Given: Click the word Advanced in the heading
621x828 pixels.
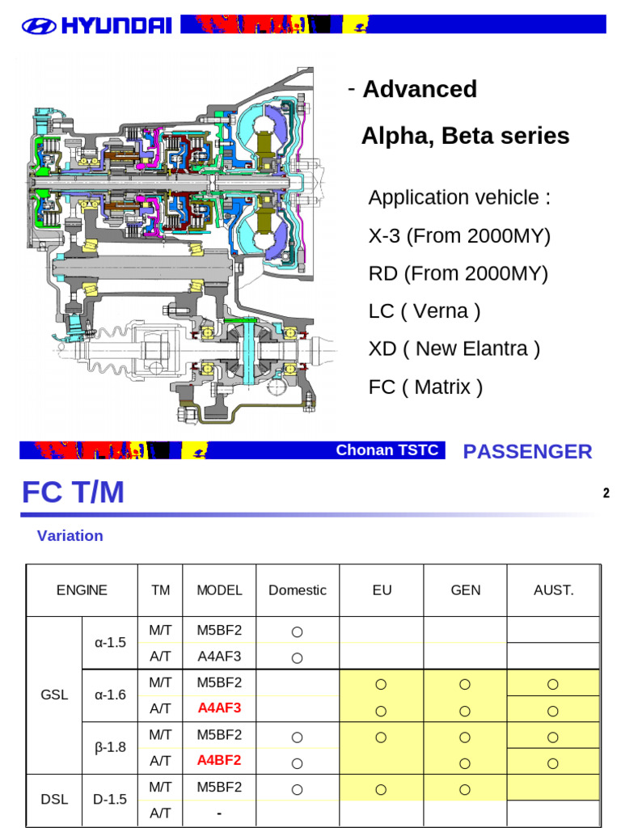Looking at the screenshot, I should (x=420, y=89).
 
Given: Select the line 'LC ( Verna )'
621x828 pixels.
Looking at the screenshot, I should (x=425, y=311).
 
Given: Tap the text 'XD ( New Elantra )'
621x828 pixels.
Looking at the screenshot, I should (x=454, y=349).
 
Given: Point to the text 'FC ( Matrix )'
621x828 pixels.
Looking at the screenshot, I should (x=425, y=387).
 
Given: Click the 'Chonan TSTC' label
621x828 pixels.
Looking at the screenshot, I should (x=388, y=450).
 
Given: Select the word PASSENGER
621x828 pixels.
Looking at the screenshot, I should (x=527, y=451).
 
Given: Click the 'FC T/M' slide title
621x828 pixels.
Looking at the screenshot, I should (x=73, y=492).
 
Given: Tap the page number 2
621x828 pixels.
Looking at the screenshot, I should (x=606, y=493).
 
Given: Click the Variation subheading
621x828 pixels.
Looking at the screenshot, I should (x=70, y=535).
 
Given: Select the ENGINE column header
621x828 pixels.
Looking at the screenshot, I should (x=82, y=589).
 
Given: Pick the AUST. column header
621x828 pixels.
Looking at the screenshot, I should (x=553, y=589).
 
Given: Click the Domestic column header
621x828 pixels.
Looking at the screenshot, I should (x=298, y=589).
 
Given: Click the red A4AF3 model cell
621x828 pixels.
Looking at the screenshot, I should (x=219, y=708).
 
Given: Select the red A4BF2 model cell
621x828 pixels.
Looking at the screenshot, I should (x=219, y=760).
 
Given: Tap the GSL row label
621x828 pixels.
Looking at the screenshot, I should (x=54, y=695).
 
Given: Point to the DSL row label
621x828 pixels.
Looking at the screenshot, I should (x=54, y=799).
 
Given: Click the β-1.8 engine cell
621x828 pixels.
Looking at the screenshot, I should (x=110, y=747).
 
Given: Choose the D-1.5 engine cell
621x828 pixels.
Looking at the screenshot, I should (x=110, y=799).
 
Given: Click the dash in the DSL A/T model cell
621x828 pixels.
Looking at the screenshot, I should (x=219, y=813).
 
